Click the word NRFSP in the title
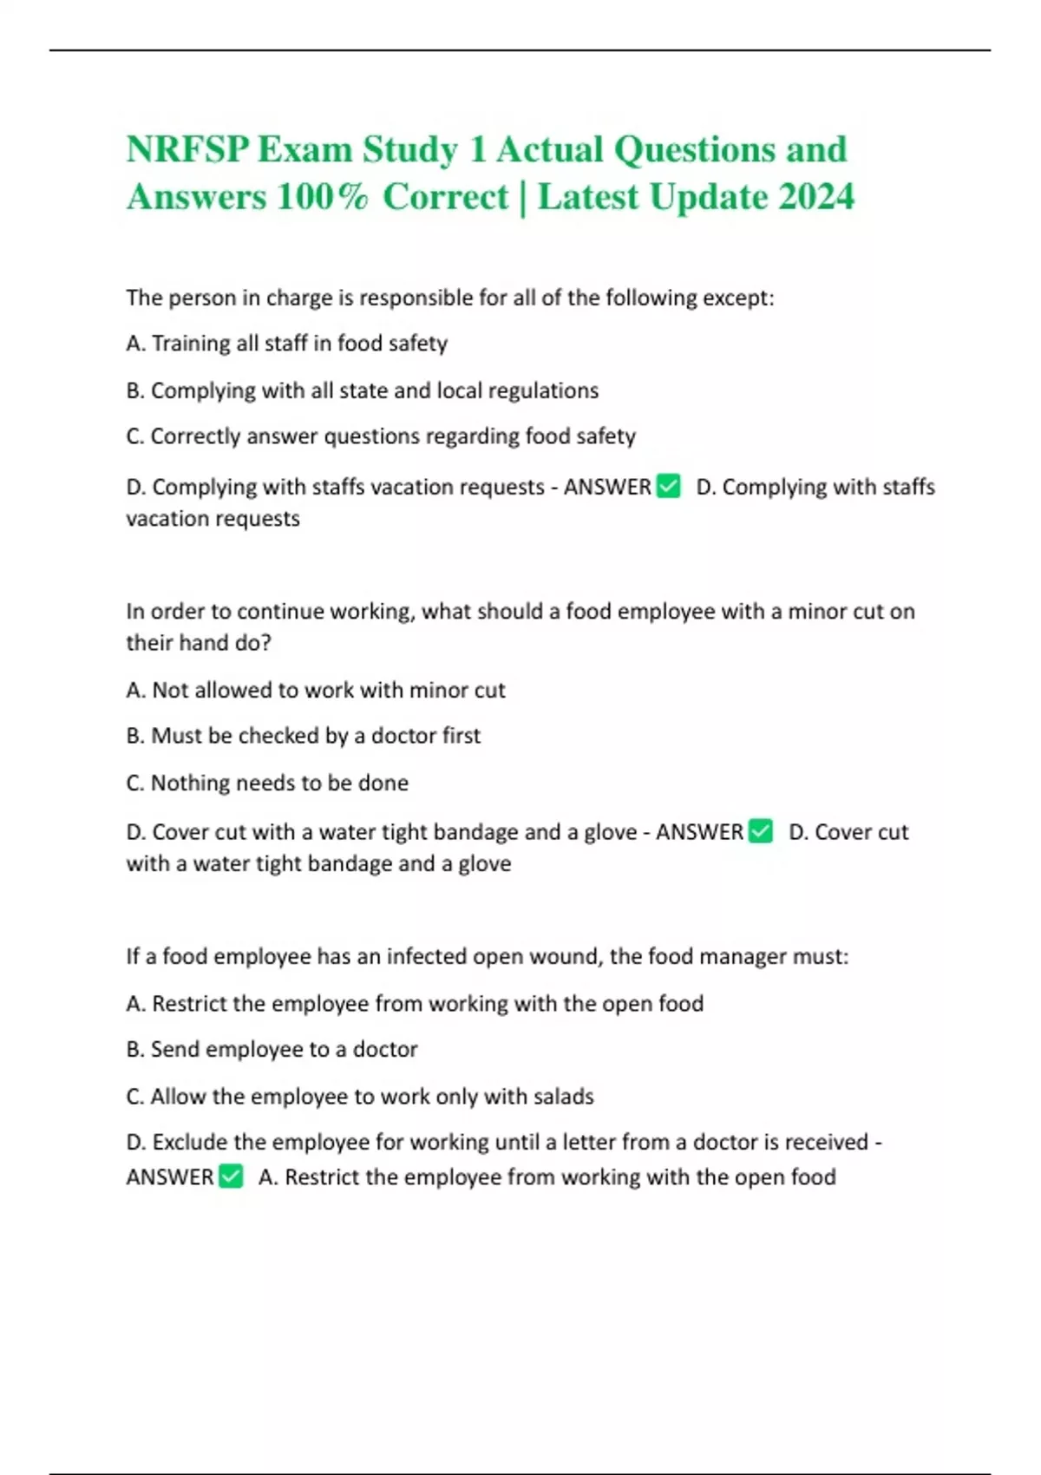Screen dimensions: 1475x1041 (187, 149)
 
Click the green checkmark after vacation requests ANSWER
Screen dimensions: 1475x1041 (669, 487)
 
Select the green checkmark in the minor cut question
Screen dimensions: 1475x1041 (761, 831)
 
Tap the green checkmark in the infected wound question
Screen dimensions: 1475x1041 (231, 1177)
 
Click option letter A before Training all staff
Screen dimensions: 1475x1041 (134, 344)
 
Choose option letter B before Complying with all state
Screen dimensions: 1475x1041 (134, 390)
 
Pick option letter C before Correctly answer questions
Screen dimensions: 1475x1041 (134, 436)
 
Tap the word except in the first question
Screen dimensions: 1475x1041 (737, 298)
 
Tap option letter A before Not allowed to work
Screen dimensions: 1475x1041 (134, 691)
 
